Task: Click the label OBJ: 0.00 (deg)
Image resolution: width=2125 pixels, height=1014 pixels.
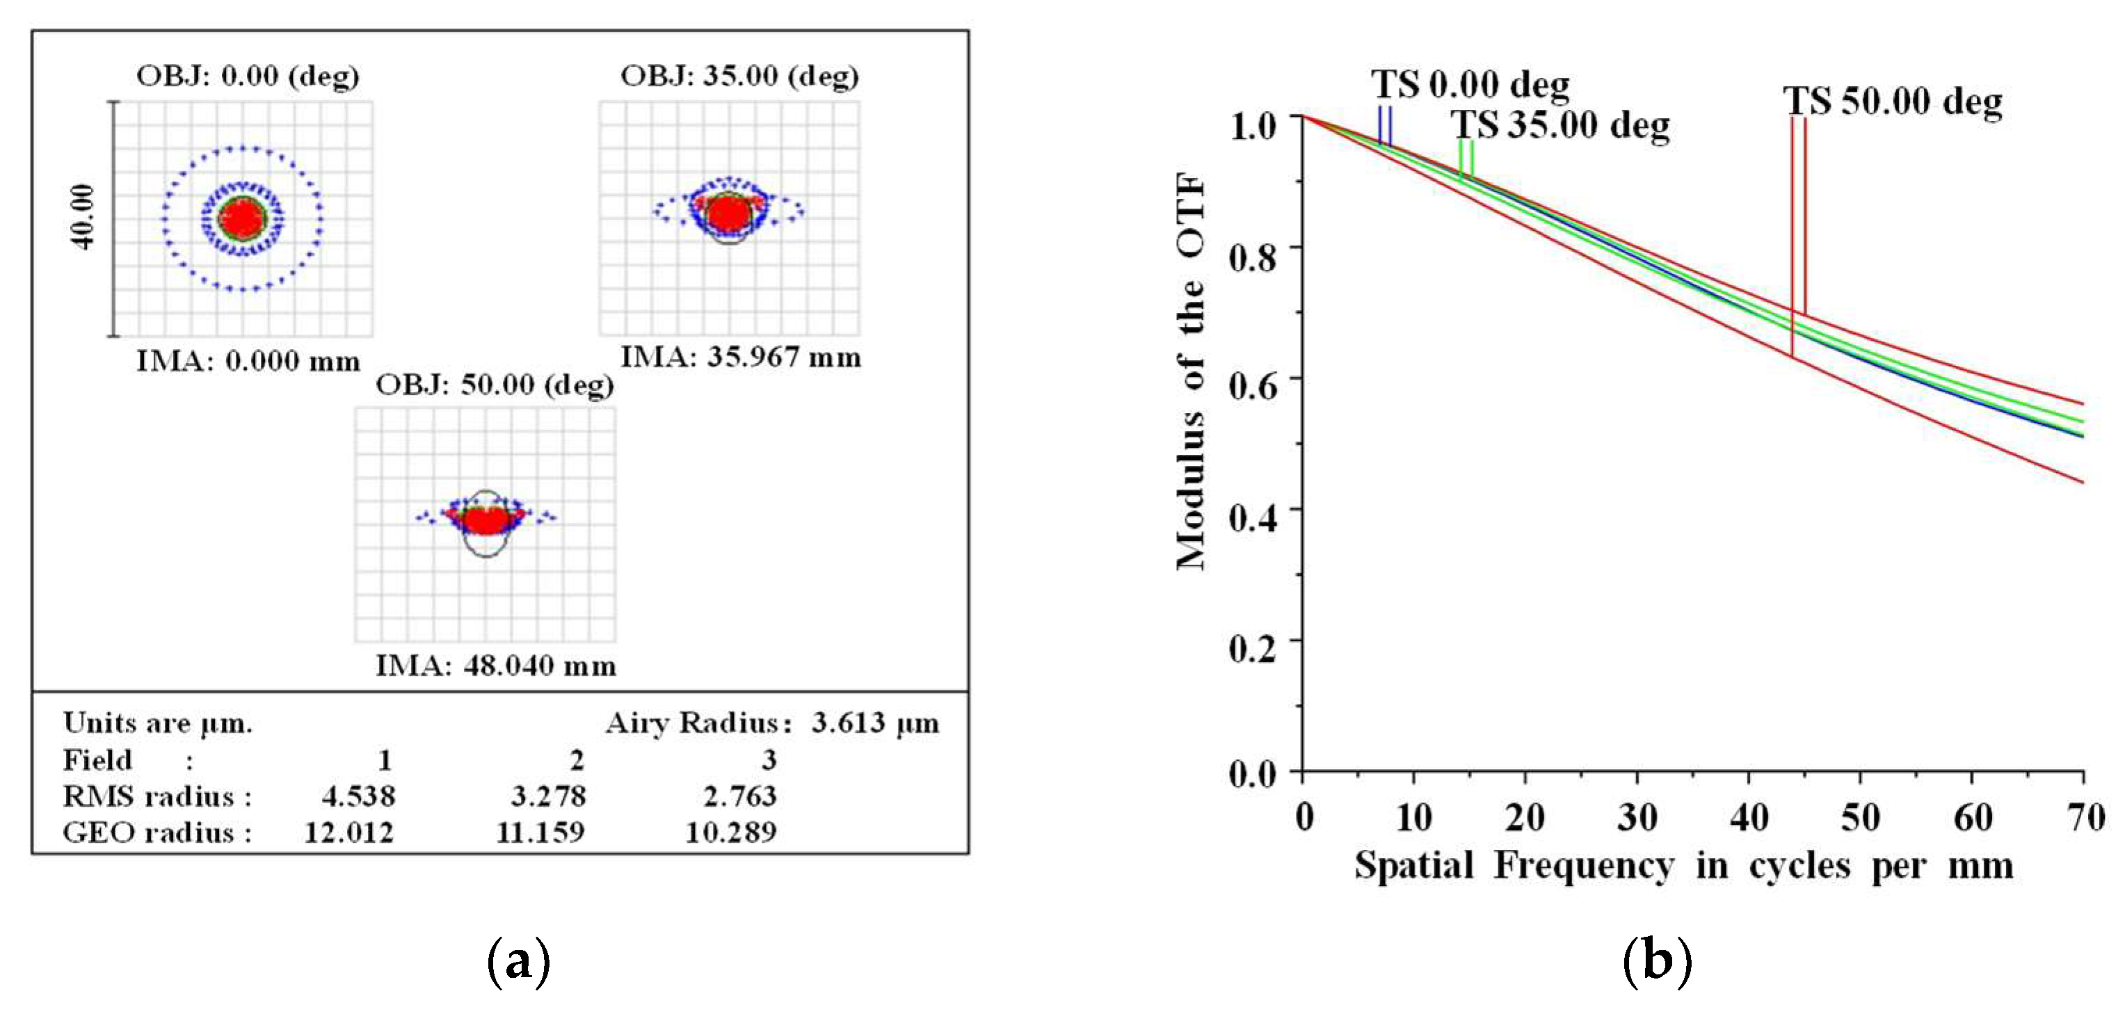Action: coord(248,76)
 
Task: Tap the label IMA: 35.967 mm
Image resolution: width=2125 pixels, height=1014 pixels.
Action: coord(740,357)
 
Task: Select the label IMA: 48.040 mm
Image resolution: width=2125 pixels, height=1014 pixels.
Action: coord(495,665)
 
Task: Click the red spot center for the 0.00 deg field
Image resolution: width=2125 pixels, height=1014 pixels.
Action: coord(243,218)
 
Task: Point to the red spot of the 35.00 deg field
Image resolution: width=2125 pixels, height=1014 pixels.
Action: coord(729,213)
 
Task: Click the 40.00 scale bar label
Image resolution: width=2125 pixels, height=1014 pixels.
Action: coord(83,217)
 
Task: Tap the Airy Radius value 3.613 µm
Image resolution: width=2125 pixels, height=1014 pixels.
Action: coord(874,723)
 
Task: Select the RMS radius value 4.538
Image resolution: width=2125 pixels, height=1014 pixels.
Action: coord(358,796)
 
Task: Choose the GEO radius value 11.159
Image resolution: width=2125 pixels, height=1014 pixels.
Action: coord(540,832)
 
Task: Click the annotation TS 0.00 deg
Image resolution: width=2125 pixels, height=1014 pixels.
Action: coord(1470,84)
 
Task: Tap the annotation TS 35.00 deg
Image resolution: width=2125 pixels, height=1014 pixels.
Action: coord(1561,125)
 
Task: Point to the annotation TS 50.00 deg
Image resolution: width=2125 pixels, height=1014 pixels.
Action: coord(1893,102)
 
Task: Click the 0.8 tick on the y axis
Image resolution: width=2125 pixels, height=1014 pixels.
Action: coord(1252,257)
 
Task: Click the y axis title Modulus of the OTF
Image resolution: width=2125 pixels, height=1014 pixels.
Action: coord(1190,371)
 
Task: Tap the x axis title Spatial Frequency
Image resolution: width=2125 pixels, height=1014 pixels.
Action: coord(1514,865)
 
